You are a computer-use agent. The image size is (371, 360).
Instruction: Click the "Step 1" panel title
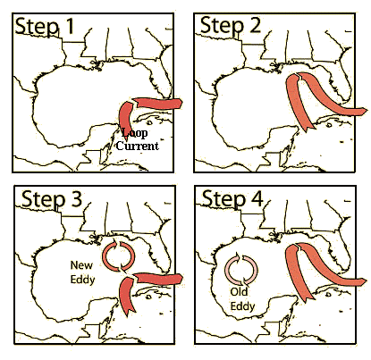click(x=45, y=27)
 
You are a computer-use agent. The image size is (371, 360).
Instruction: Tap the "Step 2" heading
click(x=231, y=25)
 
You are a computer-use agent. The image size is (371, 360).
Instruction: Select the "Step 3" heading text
click(x=52, y=199)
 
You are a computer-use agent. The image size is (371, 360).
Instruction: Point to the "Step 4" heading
click(x=232, y=198)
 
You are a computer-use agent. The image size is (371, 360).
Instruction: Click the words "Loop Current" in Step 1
click(x=137, y=139)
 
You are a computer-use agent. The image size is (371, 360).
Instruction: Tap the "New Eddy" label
click(x=82, y=272)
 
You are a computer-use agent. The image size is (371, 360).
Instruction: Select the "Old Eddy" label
click(x=242, y=298)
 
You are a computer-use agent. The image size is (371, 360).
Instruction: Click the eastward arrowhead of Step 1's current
click(x=180, y=104)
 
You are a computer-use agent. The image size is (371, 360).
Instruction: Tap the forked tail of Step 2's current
click(x=308, y=127)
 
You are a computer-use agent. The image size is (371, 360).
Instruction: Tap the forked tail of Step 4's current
click(x=308, y=297)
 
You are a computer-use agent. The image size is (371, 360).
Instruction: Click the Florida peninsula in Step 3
click(x=161, y=253)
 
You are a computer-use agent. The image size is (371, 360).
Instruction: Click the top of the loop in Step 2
click(x=298, y=76)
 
